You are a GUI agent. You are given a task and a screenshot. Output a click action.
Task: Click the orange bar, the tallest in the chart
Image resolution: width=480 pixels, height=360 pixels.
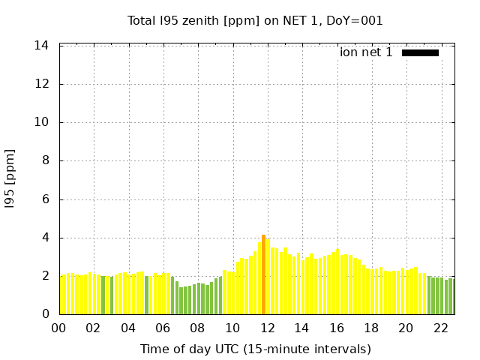point(263,274)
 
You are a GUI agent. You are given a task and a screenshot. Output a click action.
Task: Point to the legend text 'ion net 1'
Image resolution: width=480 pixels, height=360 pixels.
point(366,52)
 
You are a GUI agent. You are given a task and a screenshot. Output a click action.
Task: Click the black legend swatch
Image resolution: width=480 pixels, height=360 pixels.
point(420,52)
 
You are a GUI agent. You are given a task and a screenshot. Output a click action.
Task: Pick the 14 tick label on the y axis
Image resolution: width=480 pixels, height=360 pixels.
point(42,46)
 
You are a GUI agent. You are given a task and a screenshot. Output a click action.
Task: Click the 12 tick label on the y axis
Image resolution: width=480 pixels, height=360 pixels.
point(42,84)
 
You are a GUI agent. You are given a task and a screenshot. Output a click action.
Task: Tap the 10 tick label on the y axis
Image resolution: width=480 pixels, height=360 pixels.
point(42,122)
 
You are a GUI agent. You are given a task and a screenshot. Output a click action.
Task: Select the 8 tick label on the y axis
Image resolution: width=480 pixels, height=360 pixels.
point(46,160)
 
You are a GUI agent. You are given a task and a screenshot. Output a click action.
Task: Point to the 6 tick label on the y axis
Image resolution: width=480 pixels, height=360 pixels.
point(46,199)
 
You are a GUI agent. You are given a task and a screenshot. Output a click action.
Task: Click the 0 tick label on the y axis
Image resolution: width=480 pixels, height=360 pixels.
point(46,314)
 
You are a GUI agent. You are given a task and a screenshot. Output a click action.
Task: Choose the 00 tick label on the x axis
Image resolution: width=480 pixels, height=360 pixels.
point(58,328)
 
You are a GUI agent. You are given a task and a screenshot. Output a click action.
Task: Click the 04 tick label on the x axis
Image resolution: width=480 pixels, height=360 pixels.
point(128,328)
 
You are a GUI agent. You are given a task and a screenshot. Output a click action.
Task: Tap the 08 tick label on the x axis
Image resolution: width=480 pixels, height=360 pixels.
point(197,328)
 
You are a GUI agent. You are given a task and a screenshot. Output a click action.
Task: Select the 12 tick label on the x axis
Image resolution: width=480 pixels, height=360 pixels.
point(267,328)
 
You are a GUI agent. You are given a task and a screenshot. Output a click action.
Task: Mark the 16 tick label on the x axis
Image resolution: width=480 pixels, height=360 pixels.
point(337,328)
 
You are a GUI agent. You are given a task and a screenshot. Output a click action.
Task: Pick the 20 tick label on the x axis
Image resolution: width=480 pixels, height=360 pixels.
point(406,328)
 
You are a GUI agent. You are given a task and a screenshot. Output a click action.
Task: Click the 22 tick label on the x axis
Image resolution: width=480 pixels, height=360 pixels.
point(441,328)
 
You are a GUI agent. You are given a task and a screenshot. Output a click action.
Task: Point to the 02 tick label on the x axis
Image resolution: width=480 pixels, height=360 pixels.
point(93,328)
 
